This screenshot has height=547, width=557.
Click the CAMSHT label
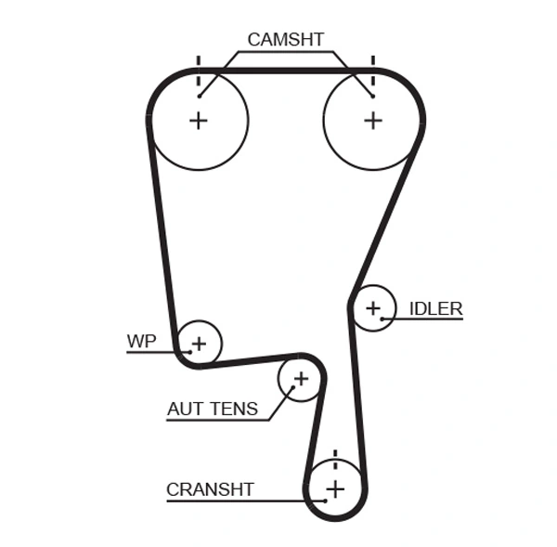tap(285, 40)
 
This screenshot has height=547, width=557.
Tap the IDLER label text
tap(435, 308)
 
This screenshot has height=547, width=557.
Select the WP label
tap(141, 341)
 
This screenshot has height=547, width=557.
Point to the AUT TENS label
tap(213, 409)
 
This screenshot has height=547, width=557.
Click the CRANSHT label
tap(210, 489)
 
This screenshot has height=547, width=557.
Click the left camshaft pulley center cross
tap(198, 120)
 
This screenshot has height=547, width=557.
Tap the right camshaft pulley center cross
tap(372, 120)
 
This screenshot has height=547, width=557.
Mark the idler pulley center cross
tap(373, 307)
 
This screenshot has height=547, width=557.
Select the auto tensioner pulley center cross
tap(300, 379)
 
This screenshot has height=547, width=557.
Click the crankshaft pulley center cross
tap(335, 488)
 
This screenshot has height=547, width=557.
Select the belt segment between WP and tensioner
tap(251, 359)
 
